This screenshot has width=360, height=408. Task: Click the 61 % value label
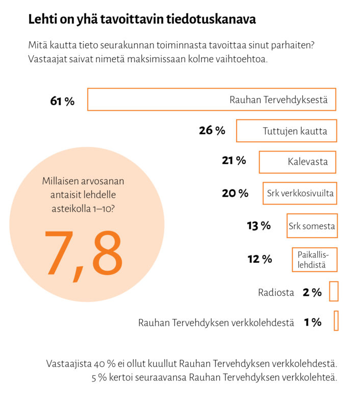62,101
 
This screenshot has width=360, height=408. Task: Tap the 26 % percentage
212,131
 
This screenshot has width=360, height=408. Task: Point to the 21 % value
234,160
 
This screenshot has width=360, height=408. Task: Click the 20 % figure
235,193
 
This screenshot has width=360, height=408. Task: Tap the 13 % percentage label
259,225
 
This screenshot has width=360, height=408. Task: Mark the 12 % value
260,259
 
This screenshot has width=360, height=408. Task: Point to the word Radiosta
276,292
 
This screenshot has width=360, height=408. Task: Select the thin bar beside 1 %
336,321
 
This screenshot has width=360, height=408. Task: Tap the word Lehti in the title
42,19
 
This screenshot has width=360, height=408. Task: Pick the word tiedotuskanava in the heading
211,19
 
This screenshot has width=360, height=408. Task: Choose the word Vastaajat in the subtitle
47,59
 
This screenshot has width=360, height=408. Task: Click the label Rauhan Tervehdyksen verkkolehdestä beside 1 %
216,323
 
